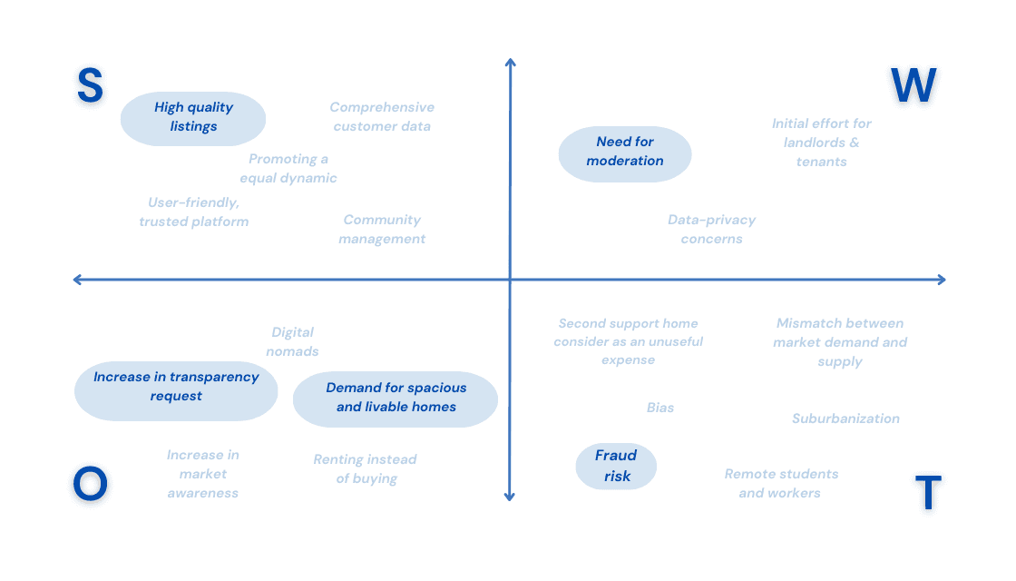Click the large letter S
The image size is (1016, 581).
[x=90, y=85]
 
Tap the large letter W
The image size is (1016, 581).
[x=913, y=86]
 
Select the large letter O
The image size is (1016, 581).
[x=90, y=484]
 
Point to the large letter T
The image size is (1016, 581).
[x=927, y=494]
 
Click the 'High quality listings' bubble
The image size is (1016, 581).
[x=193, y=117]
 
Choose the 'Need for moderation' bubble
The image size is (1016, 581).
[x=624, y=152]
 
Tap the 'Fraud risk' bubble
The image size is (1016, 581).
[x=616, y=466]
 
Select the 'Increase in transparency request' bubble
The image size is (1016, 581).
[x=176, y=387]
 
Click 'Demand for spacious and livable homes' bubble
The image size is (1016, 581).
[x=396, y=398]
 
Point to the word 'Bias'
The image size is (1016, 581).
[x=660, y=408]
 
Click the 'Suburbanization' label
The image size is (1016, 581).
[x=845, y=419]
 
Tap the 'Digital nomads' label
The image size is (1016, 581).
[x=292, y=342]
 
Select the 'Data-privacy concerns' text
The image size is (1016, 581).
[x=711, y=230]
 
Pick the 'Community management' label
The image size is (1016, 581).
[x=382, y=230]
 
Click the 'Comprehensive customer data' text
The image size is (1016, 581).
[x=382, y=117]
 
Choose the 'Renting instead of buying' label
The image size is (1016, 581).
[x=366, y=469]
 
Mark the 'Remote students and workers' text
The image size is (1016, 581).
[x=780, y=484]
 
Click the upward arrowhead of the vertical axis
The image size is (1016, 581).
[x=510, y=63]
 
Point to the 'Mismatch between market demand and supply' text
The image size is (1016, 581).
[x=840, y=342]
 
